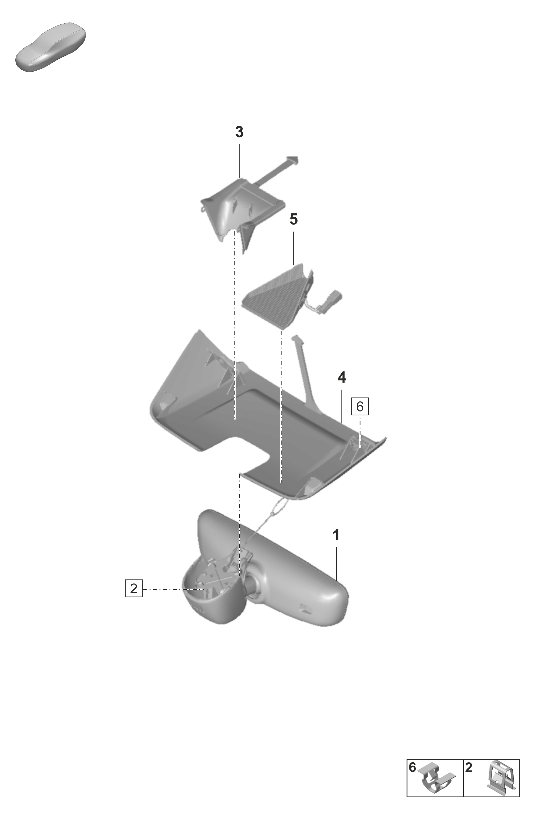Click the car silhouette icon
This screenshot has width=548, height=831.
click(x=51, y=47)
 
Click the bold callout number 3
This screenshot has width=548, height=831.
click(x=239, y=132)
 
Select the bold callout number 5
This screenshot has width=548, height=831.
click(x=294, y=219)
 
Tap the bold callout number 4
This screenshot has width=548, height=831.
click(x=342, y=377)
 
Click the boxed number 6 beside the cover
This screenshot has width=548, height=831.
click(x=360, y=406)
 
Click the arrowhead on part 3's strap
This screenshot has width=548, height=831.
click(x=293, y=160)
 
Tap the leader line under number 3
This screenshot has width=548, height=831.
click(x=239, y=161)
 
